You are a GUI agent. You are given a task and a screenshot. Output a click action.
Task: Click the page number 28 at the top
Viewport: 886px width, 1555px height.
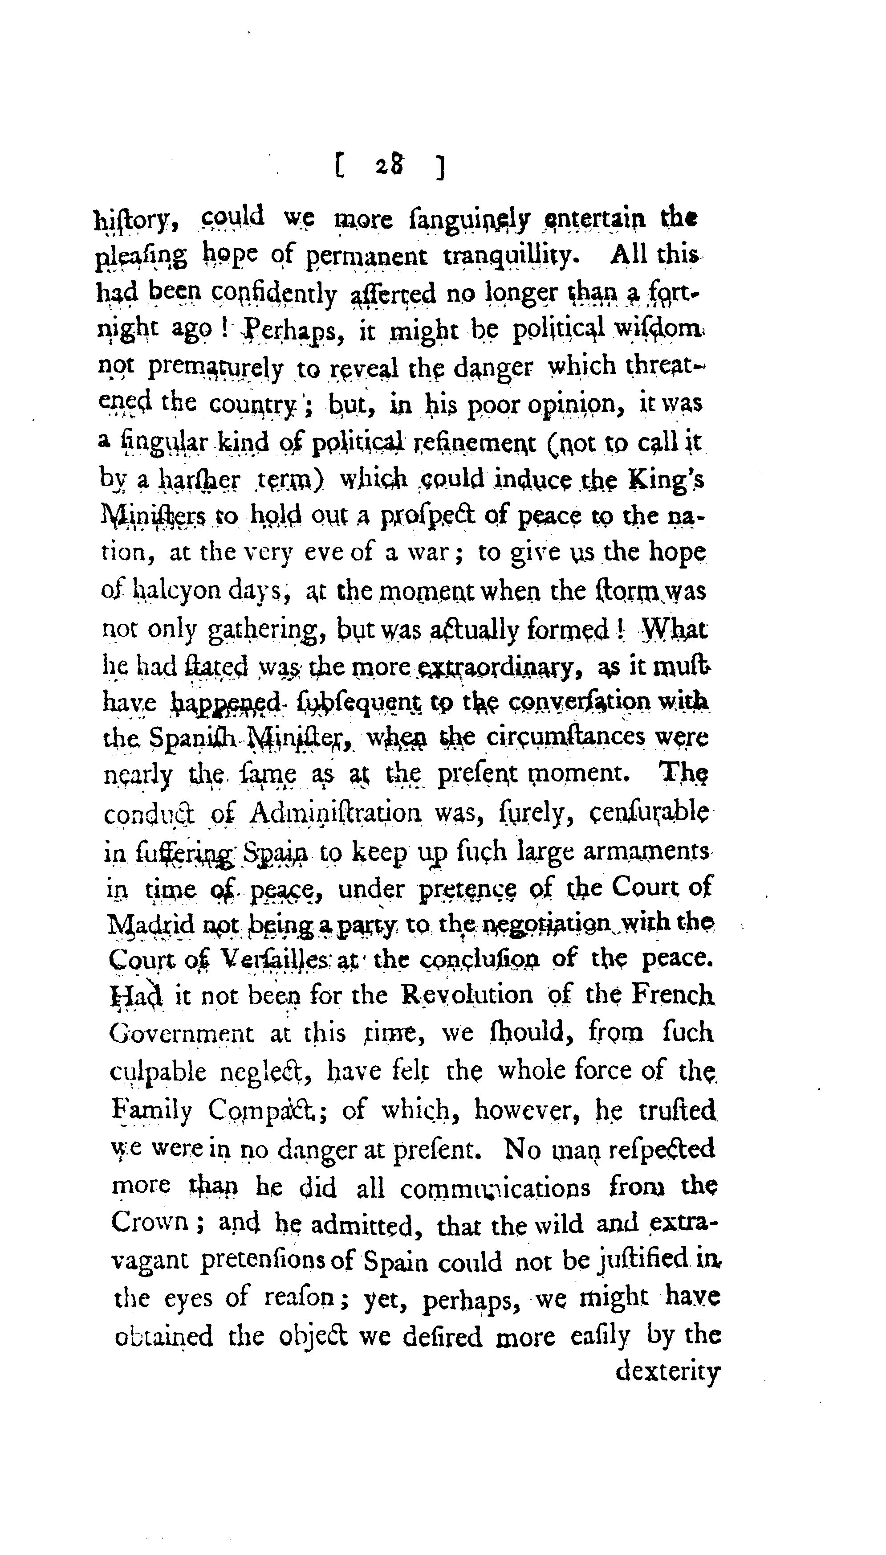tap(390, 166)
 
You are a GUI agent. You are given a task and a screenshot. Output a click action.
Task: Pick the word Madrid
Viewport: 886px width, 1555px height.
tap(151, 925)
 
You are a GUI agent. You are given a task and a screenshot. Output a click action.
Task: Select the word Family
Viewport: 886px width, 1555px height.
tap(151, 1111)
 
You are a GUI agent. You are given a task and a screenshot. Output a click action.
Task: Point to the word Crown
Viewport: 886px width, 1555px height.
tap(150, 1223)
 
